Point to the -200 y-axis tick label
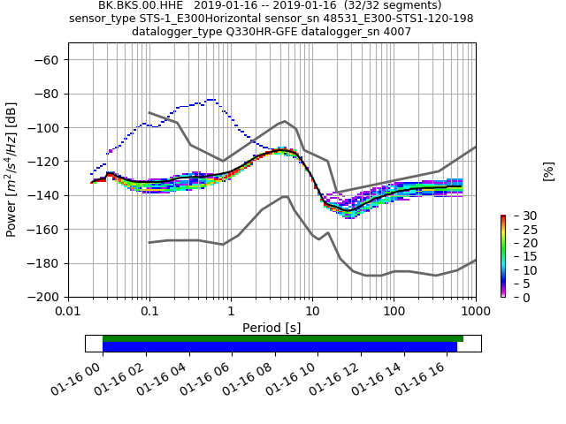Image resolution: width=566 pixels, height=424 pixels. (x=42, y=297)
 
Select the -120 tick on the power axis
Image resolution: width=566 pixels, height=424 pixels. (x=42, y=162)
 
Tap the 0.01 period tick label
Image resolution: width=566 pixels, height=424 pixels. (x=68, y=312)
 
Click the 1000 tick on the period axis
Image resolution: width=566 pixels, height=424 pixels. (x=475, y=312)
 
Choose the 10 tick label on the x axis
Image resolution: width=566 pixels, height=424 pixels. (x=312, y=312)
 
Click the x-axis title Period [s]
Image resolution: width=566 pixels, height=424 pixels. (x=272, y=328)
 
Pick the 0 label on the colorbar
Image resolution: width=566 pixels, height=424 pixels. (x=516, y=297)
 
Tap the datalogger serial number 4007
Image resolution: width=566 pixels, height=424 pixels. (x=420, y=32)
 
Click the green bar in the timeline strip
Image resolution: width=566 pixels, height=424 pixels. (x=283, y=338)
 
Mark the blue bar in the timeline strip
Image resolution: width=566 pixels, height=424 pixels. (x=279, y=347)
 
